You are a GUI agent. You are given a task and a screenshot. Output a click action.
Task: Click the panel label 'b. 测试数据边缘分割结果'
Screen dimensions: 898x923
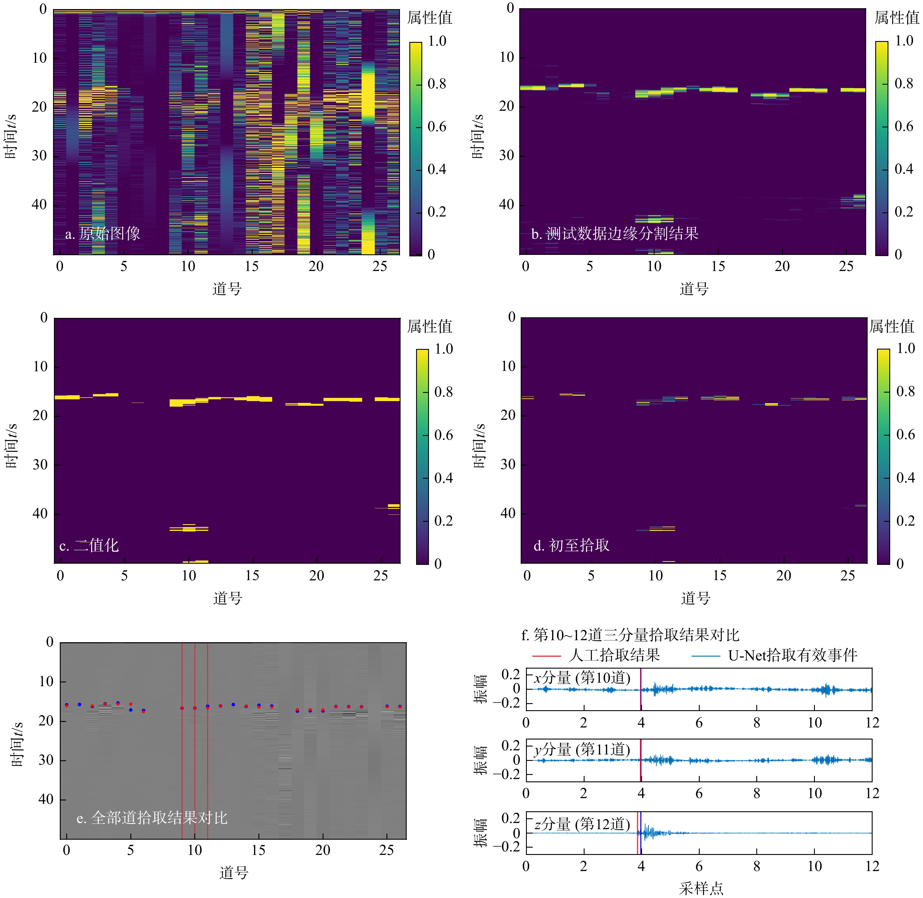(614, 234)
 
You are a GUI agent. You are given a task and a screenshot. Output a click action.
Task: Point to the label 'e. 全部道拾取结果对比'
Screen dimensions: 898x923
(152, 817)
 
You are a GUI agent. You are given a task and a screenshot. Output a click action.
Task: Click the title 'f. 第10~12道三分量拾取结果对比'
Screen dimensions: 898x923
(630, 635)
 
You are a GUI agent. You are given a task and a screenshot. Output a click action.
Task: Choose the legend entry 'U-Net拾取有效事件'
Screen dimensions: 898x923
(792, 655)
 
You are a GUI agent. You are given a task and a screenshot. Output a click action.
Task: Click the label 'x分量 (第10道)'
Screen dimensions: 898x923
(582, 678)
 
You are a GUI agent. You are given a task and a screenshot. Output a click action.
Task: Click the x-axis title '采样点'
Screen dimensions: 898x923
(701, 889)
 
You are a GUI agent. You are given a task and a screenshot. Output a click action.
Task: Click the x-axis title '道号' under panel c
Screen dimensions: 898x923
(228, 598)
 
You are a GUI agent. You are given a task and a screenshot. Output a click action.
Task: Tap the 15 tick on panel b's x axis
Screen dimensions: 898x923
(718, 267)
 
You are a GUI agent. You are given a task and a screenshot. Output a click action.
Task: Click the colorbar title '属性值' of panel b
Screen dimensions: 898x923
(897, 18)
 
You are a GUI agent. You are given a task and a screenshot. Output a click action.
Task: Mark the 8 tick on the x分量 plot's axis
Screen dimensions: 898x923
(757, 723)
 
